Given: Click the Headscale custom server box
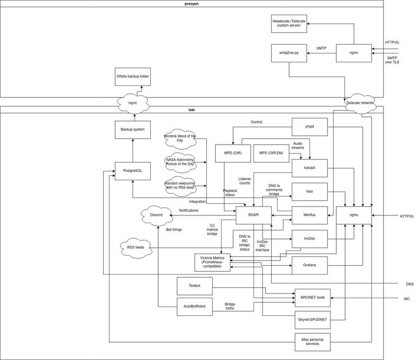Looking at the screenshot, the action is click(289, 24).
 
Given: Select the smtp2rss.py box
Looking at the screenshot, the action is click(289, 53).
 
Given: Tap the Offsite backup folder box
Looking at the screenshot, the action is click(133, 77).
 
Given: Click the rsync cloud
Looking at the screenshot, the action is click(133, 103).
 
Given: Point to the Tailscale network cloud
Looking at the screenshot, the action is click(360, 103).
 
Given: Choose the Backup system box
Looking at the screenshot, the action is click(133, 129).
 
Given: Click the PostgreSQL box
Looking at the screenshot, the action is click(133, 171).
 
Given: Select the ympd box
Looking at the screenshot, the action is click(310, 127).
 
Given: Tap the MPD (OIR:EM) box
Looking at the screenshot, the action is click(271, 153).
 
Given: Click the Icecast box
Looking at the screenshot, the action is click(310, 168).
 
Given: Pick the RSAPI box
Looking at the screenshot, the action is click(253, 215).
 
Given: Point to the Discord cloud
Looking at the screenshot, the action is click(156, 215).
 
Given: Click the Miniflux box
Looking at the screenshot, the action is click(310, 215).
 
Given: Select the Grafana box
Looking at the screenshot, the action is click(310, 265).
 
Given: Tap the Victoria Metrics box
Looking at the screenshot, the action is click(212, 263).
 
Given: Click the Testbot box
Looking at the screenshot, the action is click(194, 286).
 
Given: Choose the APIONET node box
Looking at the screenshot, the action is click(312, 298).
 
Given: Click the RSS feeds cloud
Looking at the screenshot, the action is click(136, 248).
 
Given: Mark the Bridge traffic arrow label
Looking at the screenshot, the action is click(230, 306).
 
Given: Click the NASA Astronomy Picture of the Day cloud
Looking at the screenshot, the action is click(180, 162).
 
